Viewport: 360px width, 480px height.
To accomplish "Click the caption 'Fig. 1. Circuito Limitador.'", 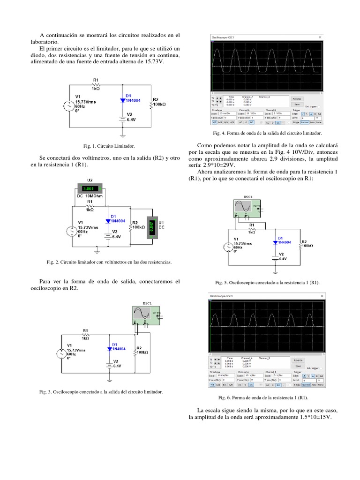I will (x=108, y=146).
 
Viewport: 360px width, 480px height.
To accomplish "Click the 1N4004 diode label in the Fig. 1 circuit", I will (x=133, y=100).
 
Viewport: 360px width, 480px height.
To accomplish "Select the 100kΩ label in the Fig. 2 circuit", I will (x=139, y=227).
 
